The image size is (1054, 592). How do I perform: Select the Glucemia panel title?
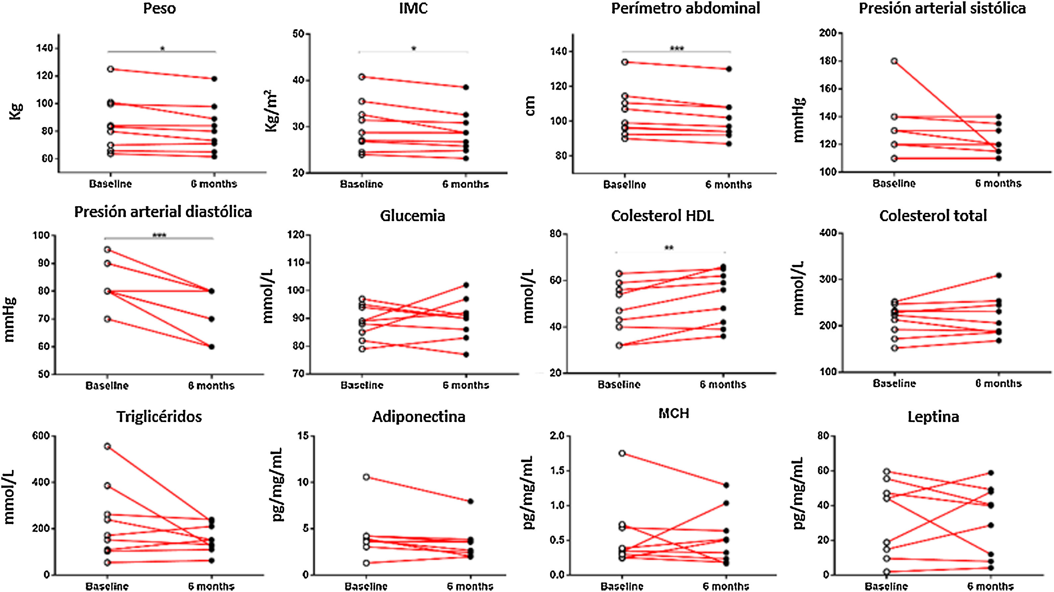coord(412,215)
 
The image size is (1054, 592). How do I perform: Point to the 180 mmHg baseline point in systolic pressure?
coord(894,61)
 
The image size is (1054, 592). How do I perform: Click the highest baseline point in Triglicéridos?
coord(107,446)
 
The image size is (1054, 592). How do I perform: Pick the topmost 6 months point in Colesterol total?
coord(998,275)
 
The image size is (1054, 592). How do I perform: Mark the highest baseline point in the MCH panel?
coord(622,453)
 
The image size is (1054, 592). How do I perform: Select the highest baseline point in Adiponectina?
coord(366,477)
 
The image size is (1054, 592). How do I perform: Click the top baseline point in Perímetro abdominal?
coord(624,62)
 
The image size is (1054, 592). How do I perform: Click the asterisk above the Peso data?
coord(162,49)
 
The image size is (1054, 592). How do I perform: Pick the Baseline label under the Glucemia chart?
coord(362,385)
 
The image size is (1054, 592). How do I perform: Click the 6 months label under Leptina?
coord(990,586)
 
